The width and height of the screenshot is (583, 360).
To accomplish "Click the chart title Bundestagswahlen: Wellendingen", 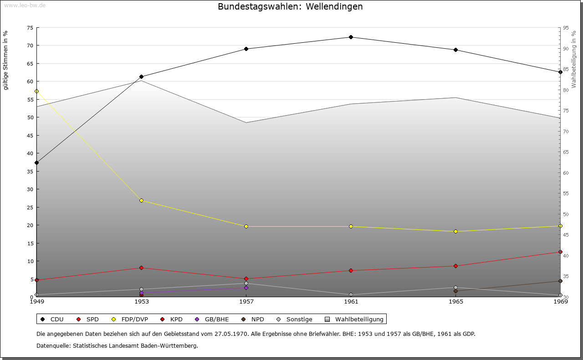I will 290,7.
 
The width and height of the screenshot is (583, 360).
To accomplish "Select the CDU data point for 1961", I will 351,37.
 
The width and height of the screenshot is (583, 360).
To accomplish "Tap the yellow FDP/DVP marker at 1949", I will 36,91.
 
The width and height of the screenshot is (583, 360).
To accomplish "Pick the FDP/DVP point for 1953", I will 141,201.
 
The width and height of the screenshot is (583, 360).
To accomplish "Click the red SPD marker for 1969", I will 560,252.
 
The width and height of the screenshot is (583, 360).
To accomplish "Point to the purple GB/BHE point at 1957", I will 246,288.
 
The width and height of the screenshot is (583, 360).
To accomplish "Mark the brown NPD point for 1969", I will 560,281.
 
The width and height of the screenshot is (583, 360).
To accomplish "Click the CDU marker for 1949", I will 36,162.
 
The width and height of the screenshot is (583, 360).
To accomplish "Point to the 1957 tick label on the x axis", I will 246,301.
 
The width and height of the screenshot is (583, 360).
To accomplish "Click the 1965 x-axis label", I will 455,301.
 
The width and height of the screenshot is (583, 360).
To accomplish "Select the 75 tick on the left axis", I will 30,28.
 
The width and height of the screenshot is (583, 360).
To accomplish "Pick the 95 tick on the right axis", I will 566,28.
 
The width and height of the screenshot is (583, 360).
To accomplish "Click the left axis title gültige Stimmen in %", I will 5,60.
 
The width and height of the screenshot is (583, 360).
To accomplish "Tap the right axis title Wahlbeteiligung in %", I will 574,60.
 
